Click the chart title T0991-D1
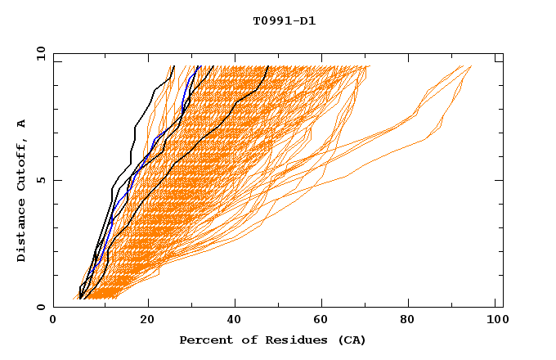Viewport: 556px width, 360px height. (x=285, y=21)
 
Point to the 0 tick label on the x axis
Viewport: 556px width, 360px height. (x=53, y=321)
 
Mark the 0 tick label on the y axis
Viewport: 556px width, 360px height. (x=40, y=307)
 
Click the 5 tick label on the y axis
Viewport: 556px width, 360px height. (x=40, y=180)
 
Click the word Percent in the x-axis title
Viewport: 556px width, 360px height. (x=204, y=340)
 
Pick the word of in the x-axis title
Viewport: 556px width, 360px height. (x=242, y=340)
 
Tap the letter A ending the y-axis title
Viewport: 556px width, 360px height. (x=22, y=124)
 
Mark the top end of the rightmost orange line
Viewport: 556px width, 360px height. (x=471, y=66)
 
